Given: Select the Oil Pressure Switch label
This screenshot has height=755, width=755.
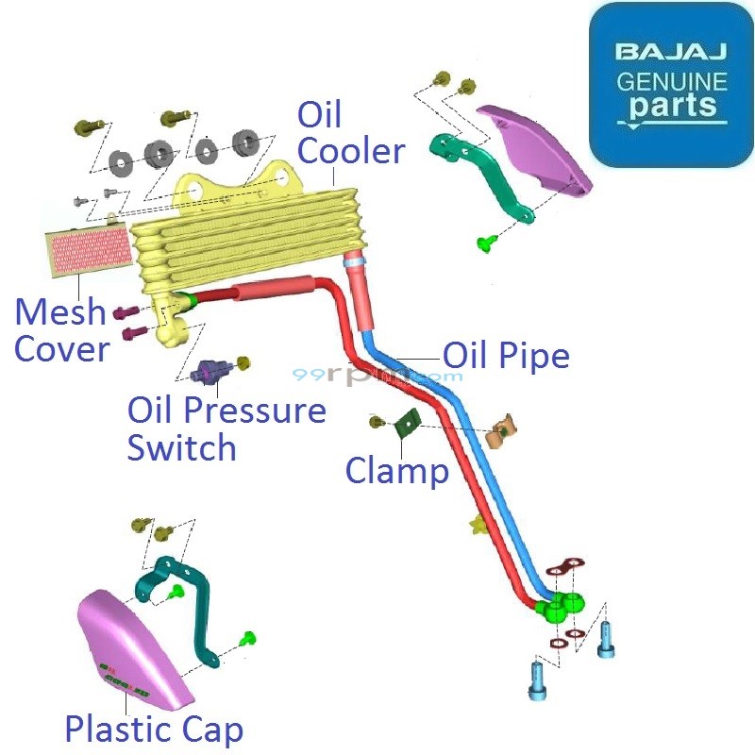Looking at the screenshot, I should (x=226, y=428).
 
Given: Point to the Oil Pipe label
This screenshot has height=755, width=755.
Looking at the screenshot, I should (x=506, y=356).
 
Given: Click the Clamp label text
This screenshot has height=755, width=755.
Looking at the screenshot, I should (x=396, y=470).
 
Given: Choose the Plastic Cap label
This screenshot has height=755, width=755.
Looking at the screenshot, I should (x=153, y=729).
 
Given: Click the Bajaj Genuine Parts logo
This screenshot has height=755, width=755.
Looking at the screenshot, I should (x=671, y=84).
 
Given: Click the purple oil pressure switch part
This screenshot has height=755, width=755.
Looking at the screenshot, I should (x=209, y=375).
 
